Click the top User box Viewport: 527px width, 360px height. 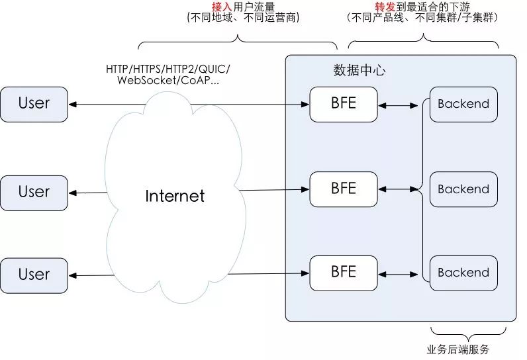(x=34, y=104)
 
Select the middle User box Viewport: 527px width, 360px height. (x=34, y=193)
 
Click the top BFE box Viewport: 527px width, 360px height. (x=343, y=104)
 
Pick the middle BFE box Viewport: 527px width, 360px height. (x=343, y=189)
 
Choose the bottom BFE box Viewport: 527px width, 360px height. (x=343, y=272)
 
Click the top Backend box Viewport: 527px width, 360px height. (x=463, y=104)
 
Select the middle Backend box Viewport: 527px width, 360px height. (x=463, y=189)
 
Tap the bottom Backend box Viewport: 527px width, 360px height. (x=463, y=273)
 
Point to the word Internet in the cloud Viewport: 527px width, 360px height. (x=175, y=196)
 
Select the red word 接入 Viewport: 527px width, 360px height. (x=222, y=7)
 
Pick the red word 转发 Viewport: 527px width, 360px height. (x=386, y=7)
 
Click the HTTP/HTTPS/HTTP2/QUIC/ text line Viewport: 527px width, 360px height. (x=168, y=69)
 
